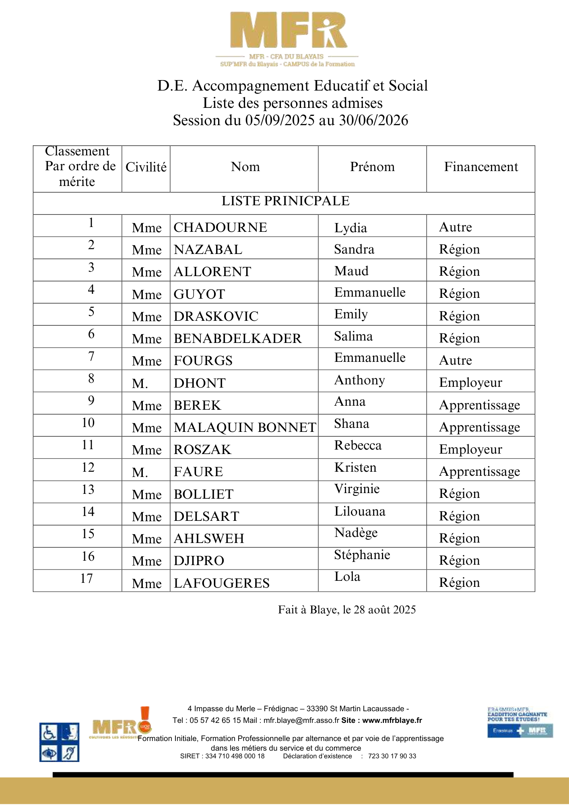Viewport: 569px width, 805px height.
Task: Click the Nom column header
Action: pos(245,167)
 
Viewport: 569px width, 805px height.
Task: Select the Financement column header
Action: pos(481,167)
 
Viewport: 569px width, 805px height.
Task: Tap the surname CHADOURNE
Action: pos(220,227)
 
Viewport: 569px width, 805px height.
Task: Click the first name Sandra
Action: pos(354,250)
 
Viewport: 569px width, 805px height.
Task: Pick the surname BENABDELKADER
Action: pos(237,339)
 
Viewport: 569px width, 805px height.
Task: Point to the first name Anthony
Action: pos(360,380)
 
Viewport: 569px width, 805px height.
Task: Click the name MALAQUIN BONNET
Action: pos(245,427)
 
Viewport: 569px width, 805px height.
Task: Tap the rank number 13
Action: pos(88,490)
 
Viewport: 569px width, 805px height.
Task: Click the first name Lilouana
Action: pos(360,512)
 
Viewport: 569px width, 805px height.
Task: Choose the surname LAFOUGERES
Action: pos(221,583)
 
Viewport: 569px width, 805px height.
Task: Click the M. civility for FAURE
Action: pos(140,472)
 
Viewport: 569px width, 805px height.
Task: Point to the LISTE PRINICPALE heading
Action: pos(285,201)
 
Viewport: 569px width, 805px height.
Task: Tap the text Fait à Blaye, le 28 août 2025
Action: pos(347,610)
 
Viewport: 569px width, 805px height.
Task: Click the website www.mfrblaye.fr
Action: pos(392,720)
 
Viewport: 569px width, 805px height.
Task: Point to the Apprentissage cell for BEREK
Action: pos(479,405)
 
